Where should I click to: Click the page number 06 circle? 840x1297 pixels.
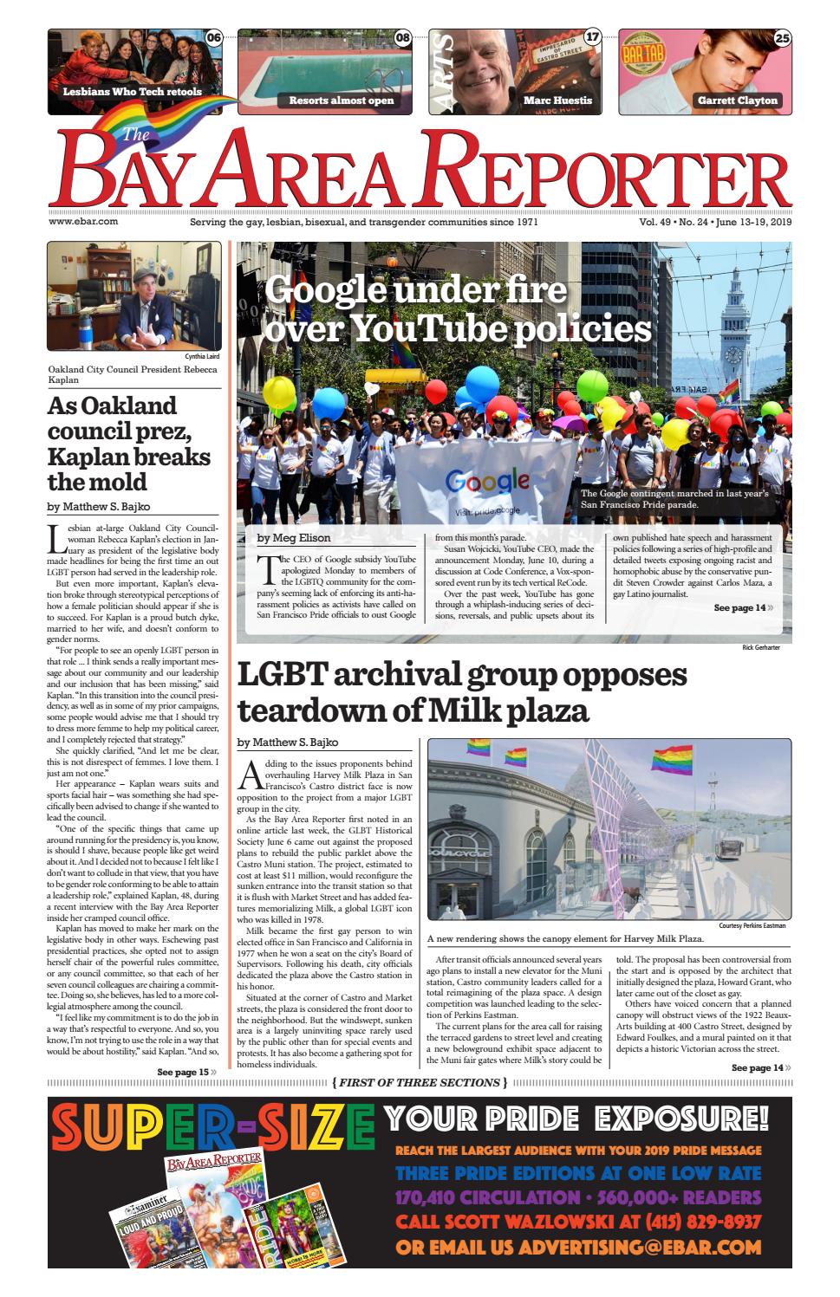pyautogui.click(x=213, y=37)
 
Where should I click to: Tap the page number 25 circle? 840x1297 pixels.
pyautogui.click(x=782, y=37)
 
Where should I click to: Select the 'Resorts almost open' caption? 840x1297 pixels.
pyautogui.click(x=341, y=101)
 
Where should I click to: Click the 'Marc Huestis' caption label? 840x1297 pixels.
pyautogui.click(x=557, y=101)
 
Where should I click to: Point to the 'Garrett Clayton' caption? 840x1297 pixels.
pyautogui.click(x=737, y=101)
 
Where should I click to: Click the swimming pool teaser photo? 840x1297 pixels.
pyautogui.click(x=325, y=65)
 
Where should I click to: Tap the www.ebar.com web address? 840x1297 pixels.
pyautogui.click(x=83, y=222)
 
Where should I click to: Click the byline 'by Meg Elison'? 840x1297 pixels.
pyautogui.click(x=294, y=538)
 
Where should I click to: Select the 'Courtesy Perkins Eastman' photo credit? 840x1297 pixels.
pyautogui.click(x=752, y=925)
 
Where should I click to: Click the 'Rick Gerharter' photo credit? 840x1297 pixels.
pyautogui.click(x=767, y=647)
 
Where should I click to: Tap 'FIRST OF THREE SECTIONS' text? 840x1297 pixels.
pyautogui.click(x=420, y=1082)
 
